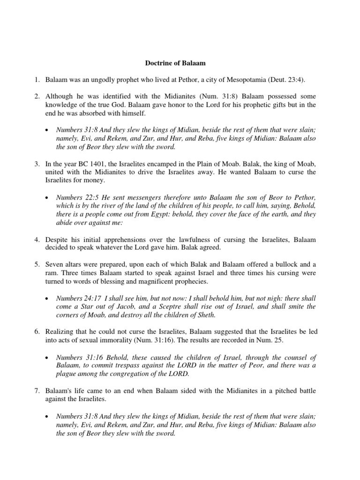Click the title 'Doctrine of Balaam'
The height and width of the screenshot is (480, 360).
click(x=180, y=60)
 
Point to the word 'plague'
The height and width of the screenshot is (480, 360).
click(x=67, y=374)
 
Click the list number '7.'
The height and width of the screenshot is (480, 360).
click(x=38, y=391)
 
